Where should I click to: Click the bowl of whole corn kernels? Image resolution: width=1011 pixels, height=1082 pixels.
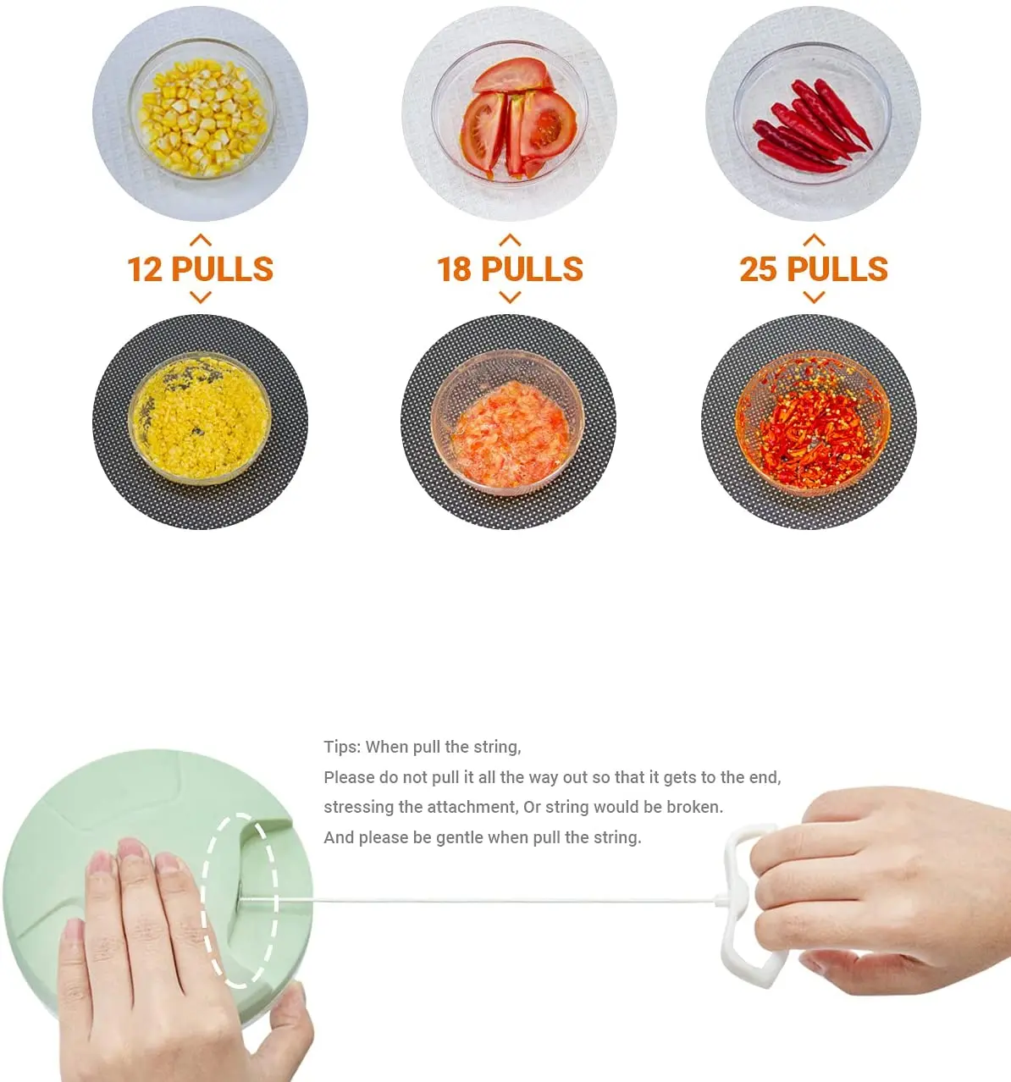(x=202, y=109)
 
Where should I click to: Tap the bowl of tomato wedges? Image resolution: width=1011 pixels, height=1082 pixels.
(x=510, y=112)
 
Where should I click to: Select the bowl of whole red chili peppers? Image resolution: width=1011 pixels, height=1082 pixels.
(x=813, y=113)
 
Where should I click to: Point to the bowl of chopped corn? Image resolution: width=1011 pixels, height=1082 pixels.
(x=201, y=418)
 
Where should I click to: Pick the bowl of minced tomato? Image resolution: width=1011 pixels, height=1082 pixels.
(x=508, y=422)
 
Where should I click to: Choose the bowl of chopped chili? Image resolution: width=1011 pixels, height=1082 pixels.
(x=813, y=423)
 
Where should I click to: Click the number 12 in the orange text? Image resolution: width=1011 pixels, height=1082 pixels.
(x=145, y=269)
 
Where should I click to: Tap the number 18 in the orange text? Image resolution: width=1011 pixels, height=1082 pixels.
(x=455, y=269)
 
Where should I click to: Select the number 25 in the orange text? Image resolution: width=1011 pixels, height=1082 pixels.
(x=758, y=269)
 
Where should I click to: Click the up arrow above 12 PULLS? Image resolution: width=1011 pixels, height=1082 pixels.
(x=201, y=240)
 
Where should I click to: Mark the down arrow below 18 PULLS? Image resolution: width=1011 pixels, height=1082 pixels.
(x=510, y=297)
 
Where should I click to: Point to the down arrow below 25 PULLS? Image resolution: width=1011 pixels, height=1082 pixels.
(x=814, y=297)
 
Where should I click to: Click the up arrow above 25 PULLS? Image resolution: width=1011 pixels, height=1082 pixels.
(x=814, y=240)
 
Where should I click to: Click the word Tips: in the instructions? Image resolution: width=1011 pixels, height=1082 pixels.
(x=342, y=747)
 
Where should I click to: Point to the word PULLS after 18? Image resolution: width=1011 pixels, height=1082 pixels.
(x=532, y=269)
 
